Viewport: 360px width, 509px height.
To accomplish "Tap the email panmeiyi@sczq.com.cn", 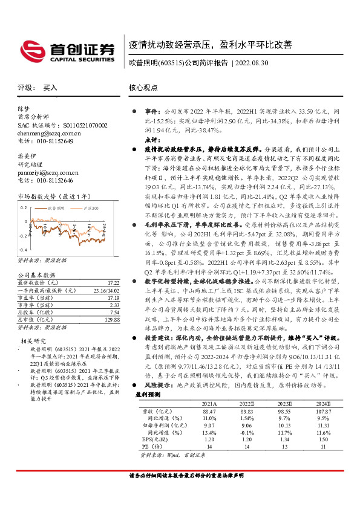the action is (x=47, y=172).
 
